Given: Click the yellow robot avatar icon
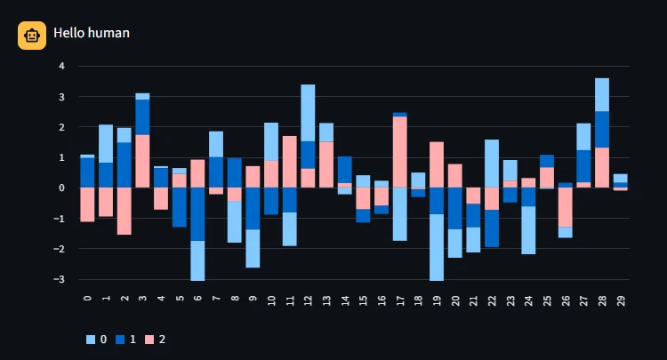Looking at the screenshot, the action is (x=32, y=36).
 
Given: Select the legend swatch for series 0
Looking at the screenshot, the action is (x=90, y=340).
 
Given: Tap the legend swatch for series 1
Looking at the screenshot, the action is (x=120, y=340).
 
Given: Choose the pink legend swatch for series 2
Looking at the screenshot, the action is (x=149, y=340).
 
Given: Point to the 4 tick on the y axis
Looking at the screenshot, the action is (x=62, y=66).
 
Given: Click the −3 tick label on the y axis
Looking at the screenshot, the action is (x=59, y=279).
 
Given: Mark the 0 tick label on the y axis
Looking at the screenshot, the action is (x=62, y=188).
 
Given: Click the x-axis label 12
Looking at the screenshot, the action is (x=308, y=300).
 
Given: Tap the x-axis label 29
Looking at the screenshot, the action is (x=621, y=300).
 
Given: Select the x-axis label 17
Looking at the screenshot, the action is (x=400, y=300).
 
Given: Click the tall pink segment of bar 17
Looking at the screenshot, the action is (x=400, y=152).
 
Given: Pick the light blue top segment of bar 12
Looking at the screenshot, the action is (x=308, y=113).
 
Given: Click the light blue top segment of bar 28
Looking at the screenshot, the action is (x=602, y=95).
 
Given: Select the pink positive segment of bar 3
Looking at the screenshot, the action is (x=142, y=161).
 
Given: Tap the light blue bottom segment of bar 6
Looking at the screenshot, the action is (x=197, y=260).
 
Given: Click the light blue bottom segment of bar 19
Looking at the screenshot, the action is (x=437, y=247).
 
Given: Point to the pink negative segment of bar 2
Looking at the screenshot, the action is (x=125, y=211).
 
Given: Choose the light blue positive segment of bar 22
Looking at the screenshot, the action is (x=492, y=164).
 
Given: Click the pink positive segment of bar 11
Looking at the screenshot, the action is (x=290, y=162).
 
